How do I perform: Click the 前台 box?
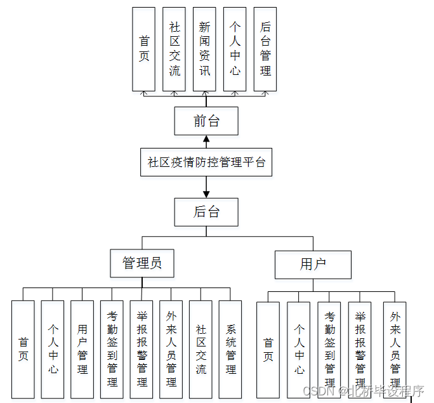tap(206, 121)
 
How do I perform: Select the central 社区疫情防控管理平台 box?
tap(206, 162)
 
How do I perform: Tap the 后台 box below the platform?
tap(206, 212)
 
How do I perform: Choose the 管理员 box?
tap(141, 262)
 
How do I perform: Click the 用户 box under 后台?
tap(313, 264)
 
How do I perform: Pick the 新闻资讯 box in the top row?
tap(204, 49)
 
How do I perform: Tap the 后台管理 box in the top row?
tap(265, 49)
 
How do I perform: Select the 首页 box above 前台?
tap(143, 49)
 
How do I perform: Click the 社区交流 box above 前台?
tap(174, 49)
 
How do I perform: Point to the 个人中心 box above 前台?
tap(235, 49)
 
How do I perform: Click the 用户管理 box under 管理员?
tap(82, 348)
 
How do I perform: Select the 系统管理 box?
tap(230, 348)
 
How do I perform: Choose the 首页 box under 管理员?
tap(23, 348)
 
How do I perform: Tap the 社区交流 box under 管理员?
tap(201, 348)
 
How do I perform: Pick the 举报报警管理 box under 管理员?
tap(141, 348)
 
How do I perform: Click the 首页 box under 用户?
tap(268, 350)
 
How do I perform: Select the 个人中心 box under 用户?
tap(298, 350)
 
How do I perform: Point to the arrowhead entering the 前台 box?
tap(206, 139)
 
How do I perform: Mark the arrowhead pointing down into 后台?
tap(206, 194)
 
